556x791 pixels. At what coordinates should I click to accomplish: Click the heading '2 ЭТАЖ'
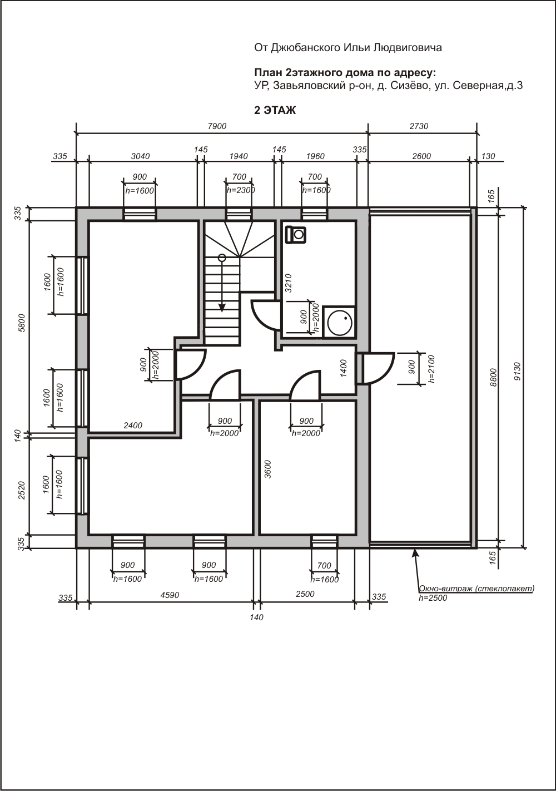click(x=275, y=111)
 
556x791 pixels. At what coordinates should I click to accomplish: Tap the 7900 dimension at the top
click(x=217, y=126)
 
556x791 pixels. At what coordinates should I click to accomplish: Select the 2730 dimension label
click(x=419, y=126)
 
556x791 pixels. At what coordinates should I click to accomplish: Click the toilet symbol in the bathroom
click(x=296, y=234)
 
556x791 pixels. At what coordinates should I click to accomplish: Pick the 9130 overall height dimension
click(x=518, y=372)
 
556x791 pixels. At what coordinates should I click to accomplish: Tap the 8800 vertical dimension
click(x=494, y=377)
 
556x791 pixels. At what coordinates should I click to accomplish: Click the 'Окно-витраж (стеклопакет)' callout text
click(x=476, y=589)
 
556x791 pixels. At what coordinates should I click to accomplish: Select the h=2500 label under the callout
click(x=433, y=598)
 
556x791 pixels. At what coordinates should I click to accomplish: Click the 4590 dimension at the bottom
click(x=170, y=595)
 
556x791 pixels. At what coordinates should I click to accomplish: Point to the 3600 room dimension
click(x=268, y=469)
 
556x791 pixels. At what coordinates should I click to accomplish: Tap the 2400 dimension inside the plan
click(x=133, y=426)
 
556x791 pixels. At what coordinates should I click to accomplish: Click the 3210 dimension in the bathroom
click(x=289, y=283)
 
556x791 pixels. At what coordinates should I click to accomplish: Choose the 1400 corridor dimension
click(x=344, y=368)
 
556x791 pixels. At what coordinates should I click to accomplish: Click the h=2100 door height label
click(x=431, y=369)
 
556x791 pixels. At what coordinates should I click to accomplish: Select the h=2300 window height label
click(x=241, y=190)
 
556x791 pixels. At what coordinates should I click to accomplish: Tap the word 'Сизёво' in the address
click(x=409, y=86)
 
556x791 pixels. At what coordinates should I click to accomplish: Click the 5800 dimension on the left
click(x=22, y=323)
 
